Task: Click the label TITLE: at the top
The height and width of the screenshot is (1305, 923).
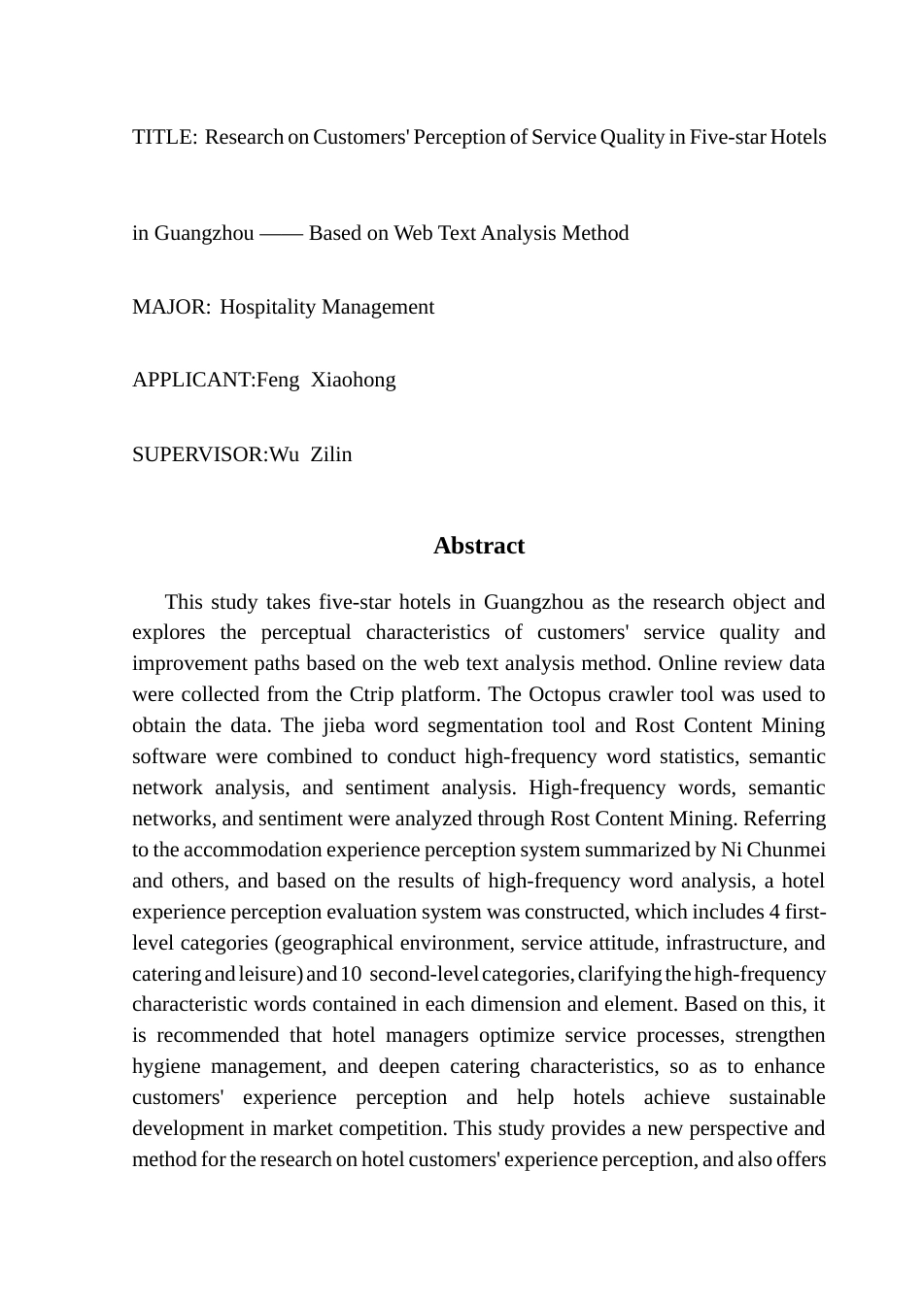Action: (x=164, y=137)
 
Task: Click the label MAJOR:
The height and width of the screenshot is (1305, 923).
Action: (x=171, y=307)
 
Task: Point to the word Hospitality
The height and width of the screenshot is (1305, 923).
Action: (x=268, y=307)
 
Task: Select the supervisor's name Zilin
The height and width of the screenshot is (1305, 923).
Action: (x=331, y=454)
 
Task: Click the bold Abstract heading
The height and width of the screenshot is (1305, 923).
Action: (x=479, y=546)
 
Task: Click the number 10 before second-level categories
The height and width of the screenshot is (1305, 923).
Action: (x=352, y=974)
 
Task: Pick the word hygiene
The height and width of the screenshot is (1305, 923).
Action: (x=166, y=1066)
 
